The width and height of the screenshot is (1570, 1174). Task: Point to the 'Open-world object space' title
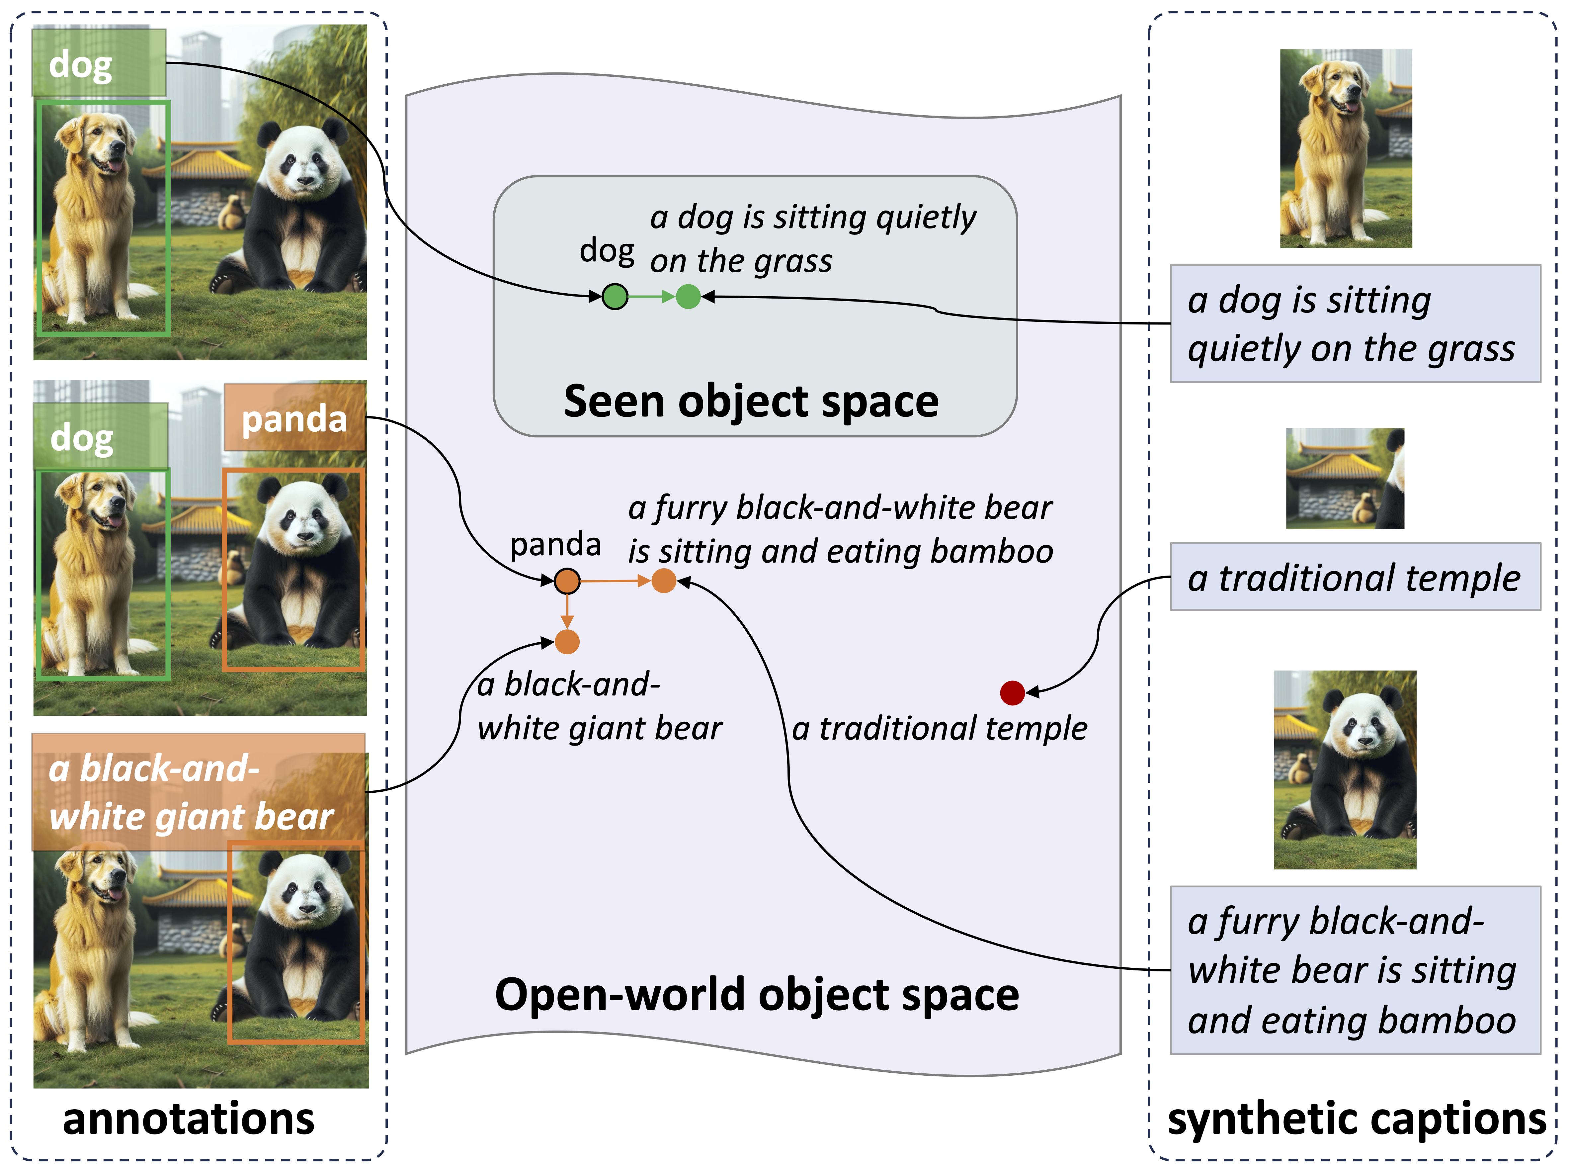[x=757, y=994]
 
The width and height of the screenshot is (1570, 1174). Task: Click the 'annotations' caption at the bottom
[x=188, y=1119]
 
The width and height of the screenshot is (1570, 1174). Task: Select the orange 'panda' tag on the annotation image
[x=294, y=418]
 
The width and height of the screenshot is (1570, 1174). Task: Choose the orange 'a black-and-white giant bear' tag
[x=199, y=792]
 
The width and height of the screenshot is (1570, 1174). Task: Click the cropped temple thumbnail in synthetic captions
[x=1345, y=479]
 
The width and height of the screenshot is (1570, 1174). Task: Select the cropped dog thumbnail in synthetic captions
[x=1346, y=148]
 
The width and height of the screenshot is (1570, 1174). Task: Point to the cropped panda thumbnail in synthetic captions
[x=1345, y=770]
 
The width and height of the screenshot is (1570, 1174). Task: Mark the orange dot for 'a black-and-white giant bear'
[x=566, y=642]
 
